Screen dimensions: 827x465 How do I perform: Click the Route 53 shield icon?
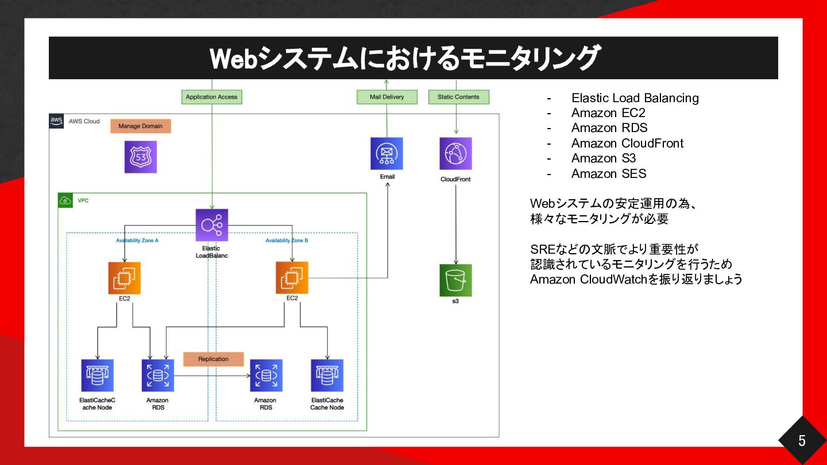141,157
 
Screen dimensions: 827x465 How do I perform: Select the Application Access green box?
211,97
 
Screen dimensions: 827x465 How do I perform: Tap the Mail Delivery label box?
387,97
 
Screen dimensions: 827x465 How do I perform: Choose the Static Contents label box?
458,97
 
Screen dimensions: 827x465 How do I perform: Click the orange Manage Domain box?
141,126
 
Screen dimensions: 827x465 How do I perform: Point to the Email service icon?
387,153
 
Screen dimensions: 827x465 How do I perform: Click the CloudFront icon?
455,153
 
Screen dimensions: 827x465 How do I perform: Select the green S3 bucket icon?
455,280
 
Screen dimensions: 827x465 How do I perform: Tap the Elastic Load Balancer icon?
211,225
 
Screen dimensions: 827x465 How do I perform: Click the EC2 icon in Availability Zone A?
125,278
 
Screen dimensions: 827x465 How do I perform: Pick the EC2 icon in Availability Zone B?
292,278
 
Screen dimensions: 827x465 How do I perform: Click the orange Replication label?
214,359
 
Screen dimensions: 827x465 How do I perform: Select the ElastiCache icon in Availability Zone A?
98,375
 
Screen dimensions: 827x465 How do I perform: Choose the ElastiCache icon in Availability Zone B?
327,375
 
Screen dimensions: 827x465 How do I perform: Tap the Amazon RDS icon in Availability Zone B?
266,375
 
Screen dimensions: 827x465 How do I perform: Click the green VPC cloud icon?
65,200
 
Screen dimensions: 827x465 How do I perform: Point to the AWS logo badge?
56,121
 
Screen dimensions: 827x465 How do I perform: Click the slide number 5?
802,441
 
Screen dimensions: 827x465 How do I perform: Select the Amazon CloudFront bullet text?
627,143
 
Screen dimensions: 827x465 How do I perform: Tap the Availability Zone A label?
137,241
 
